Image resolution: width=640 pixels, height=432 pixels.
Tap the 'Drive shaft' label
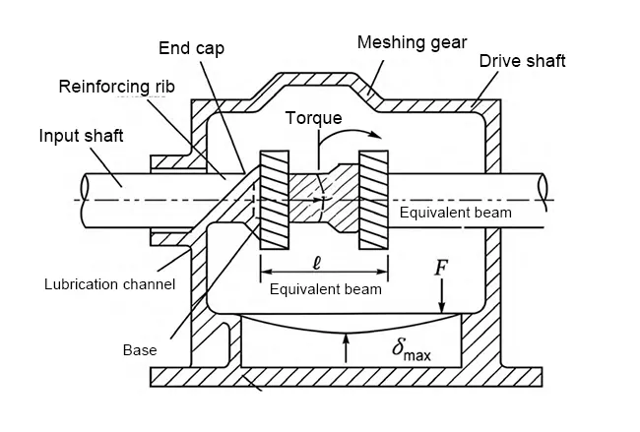click(522, 61)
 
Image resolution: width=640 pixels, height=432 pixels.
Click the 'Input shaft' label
click(84, 135)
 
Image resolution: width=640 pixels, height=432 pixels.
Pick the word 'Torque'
click(313, 118)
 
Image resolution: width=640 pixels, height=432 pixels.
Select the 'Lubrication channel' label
click(109, 285)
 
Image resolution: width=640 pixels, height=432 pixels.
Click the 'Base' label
click(140, 349)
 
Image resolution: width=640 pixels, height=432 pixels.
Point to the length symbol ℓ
click(314, 264)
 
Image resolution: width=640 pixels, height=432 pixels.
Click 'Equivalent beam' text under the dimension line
click(325, 289)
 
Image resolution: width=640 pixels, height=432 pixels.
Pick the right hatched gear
click(374, 201)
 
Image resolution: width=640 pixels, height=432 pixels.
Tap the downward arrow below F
click(444, 300)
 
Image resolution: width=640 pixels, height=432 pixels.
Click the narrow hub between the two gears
click(324, 200)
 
